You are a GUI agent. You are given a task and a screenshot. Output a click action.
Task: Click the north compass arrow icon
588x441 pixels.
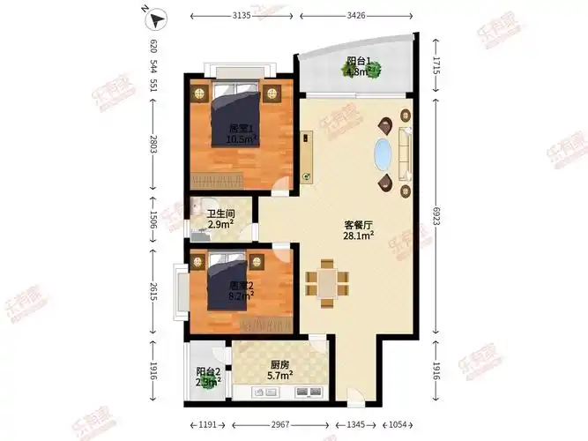[156, 17]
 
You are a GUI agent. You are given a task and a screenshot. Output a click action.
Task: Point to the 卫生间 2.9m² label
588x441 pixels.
[220, 219]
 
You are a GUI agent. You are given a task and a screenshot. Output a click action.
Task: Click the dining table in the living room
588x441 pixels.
[326, 282]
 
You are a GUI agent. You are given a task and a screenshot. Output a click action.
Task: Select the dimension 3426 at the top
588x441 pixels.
[355, 16]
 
